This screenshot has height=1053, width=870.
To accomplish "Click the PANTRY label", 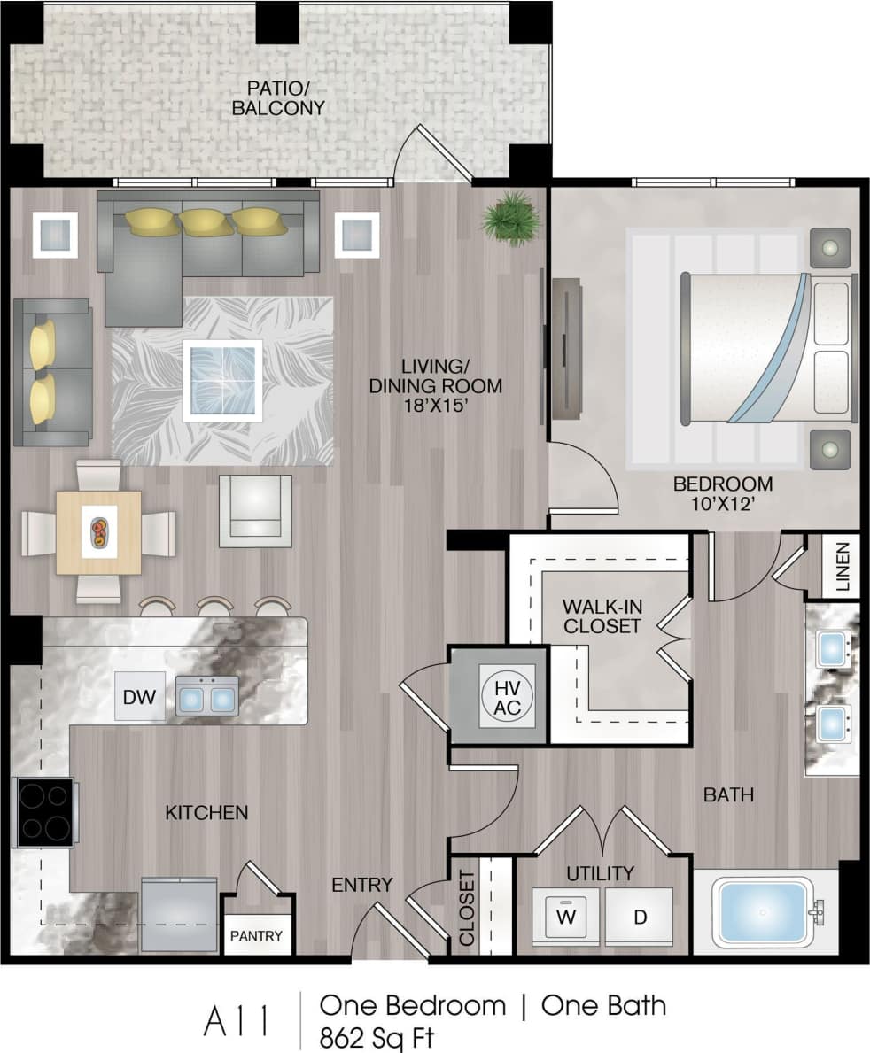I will pos(257,935).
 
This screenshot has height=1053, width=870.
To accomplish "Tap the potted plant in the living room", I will pos(512,217).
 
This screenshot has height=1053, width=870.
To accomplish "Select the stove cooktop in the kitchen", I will pos(44,812).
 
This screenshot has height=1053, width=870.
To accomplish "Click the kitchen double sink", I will pos(207,697).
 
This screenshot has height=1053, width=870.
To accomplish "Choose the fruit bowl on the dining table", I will pos(98,531).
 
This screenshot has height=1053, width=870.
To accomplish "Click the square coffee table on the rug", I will pos(222,381).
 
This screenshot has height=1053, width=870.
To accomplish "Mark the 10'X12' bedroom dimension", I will pos(722,506).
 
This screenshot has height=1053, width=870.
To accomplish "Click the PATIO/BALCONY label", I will pos(279,97).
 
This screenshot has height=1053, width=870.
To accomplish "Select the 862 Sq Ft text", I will pos(378,1035).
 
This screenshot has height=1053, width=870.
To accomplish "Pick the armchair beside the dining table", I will pos(255,510).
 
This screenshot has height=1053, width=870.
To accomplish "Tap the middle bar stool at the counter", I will pos(215,607).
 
